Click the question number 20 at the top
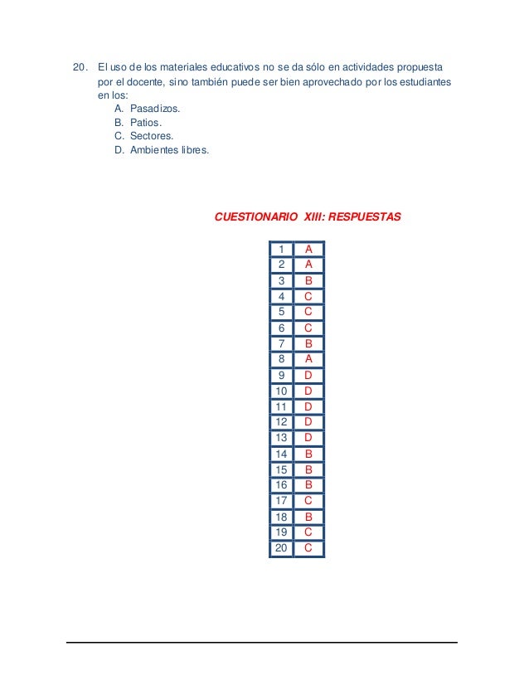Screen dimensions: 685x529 (80, 66)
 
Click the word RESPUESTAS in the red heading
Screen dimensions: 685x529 (365, 217)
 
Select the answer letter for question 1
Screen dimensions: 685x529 (308, 250)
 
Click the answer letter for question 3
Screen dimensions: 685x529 (308, 281)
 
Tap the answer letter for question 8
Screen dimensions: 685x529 (308, 359)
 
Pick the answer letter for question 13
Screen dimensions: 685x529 (308, 438)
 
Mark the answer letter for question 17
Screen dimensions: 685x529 (308, 501)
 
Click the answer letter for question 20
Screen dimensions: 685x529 (308, 548)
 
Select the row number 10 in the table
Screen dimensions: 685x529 (281, 391)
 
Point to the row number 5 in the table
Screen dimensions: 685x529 (282, 312)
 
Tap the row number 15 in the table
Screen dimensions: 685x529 (281, 469)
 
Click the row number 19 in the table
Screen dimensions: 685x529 (281, 532)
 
